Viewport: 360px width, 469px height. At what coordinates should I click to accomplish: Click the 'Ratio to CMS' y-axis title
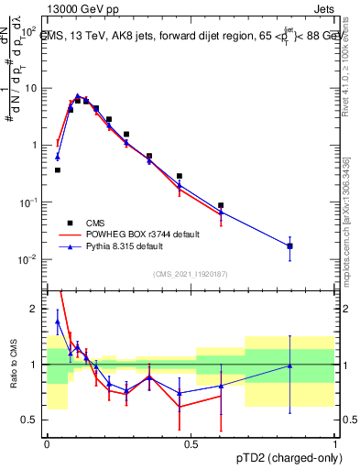click(13, 365)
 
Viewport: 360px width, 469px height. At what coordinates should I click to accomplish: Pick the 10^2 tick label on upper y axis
click(29, 30)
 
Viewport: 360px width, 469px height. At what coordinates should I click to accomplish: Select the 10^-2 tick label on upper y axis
click(29, 259)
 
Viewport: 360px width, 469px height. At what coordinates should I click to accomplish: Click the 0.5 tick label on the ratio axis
click(30, 420)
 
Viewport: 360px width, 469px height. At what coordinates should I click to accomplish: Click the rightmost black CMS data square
click(290, 245)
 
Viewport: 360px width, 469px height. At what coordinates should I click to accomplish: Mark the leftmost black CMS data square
click(58, 169)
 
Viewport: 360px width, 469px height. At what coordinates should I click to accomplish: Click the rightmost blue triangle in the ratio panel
click(290, 365)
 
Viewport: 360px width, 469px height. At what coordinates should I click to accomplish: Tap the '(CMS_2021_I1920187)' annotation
click(190, 273)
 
